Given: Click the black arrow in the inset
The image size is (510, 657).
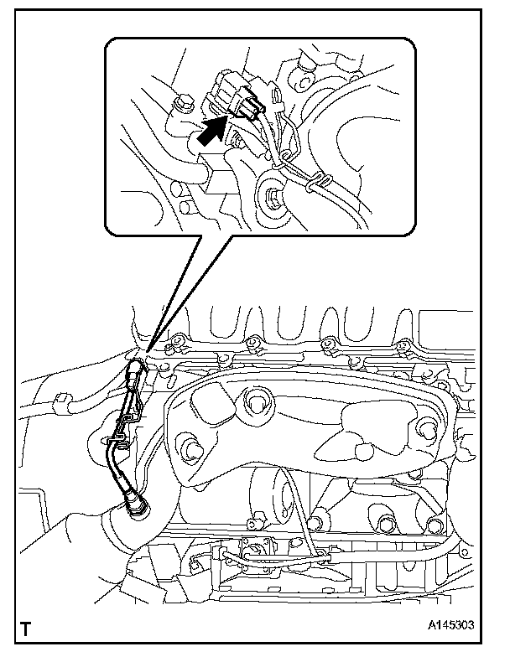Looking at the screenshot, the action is click(212, 132).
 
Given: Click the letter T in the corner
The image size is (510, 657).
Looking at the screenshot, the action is click(25, 629).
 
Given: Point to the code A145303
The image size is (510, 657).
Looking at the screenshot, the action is click(451, 625).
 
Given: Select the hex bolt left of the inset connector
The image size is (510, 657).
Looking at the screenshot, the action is click(183, 104).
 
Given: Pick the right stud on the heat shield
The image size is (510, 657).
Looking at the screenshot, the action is click(427, 431).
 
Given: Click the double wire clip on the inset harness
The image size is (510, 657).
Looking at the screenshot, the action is click(317, 183).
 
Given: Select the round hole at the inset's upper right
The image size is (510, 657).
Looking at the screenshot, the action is click(302, 80).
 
